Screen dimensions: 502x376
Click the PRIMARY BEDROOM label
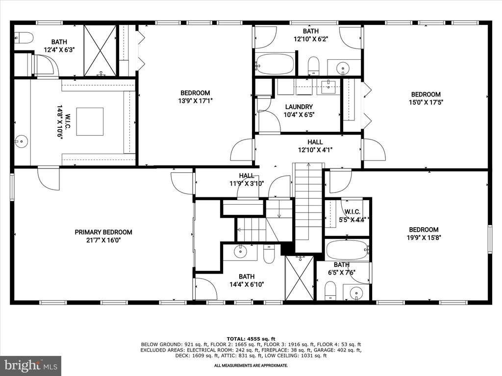[x=103, y=232]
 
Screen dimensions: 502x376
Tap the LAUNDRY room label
[x=299, y=107]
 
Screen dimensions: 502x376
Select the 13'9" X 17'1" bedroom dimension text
[x=195, y=101]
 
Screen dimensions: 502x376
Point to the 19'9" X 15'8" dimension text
[x=424, y=237]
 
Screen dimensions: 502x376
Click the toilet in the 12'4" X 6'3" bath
[x=24, y=38]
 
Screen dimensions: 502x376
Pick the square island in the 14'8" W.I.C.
[x=90, y=122]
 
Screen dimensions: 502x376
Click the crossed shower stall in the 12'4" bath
[x=100, y=50]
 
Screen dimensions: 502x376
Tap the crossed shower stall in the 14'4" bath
[x=300, y=278]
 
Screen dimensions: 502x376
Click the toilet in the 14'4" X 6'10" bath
[x=269, y=254]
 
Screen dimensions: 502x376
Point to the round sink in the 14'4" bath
[x=240, y=251]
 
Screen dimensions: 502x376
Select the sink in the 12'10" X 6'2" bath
[x=343, y=68]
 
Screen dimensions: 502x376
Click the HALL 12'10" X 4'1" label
[x=315, y=146]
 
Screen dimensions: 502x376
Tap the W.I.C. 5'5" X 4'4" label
[x=352, y=215]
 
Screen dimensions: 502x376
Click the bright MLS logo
[x=31, y=365]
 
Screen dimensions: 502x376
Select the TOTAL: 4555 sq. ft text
[x=251, y=339]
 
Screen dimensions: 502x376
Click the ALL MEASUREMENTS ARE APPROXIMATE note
[x=251, y=365]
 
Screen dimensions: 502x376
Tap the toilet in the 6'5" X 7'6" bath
[x=330, y=291]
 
